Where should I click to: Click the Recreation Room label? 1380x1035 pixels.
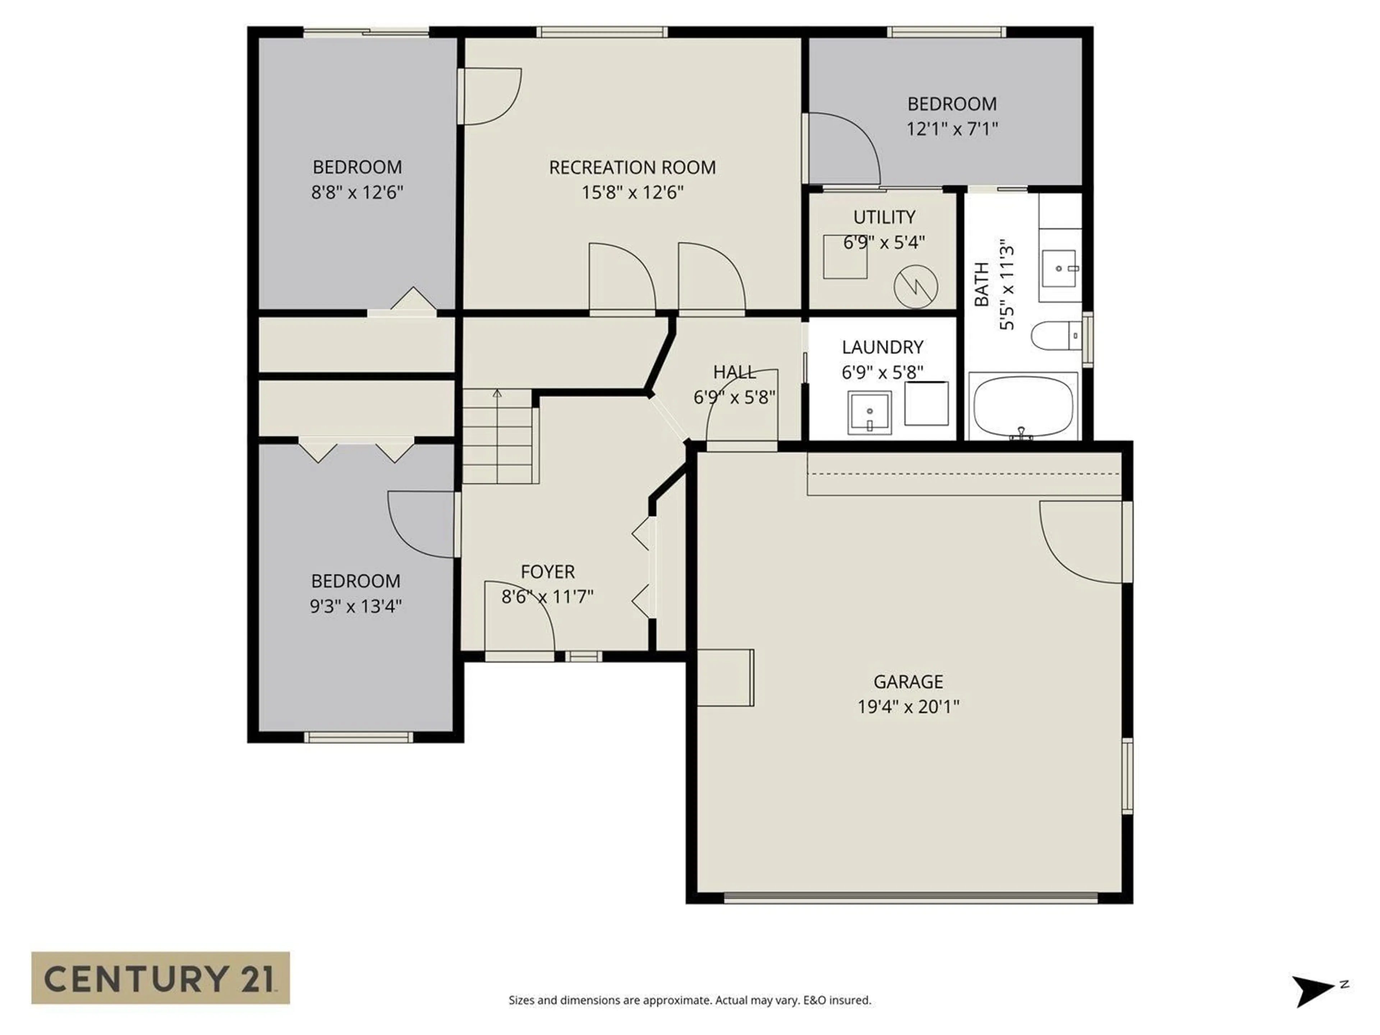(632, 167)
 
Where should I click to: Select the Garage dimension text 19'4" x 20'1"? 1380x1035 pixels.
(908, 706)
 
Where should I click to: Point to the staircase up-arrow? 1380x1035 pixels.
(497, 394)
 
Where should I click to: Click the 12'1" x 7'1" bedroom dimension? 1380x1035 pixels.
(951, 129)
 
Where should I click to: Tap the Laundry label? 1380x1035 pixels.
(882, 347)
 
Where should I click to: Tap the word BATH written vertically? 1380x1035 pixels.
(982, 285)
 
